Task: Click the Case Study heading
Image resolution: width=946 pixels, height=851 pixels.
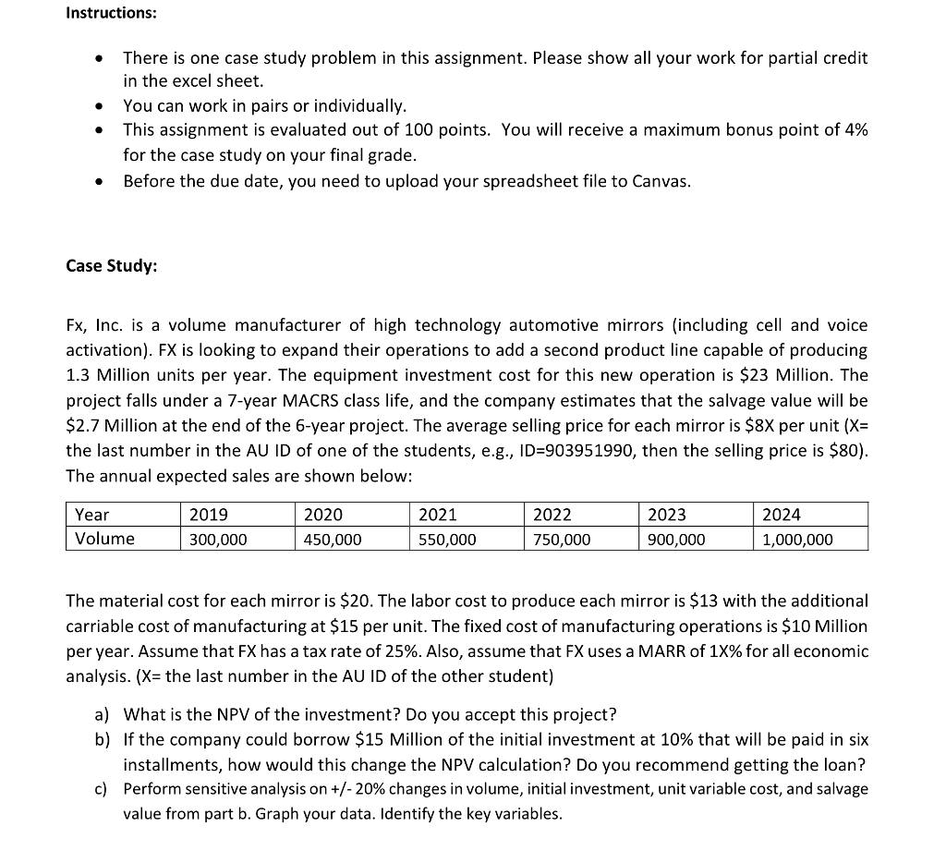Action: (x=111, y=266)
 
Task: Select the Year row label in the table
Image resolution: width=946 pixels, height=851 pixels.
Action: (x=91, y=515)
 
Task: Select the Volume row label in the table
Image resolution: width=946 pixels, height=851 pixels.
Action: (x=104, y=539)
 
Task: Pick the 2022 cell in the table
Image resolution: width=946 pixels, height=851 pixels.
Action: (x=552, y=515)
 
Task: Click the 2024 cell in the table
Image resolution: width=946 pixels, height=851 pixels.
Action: (x=782, y=515)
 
